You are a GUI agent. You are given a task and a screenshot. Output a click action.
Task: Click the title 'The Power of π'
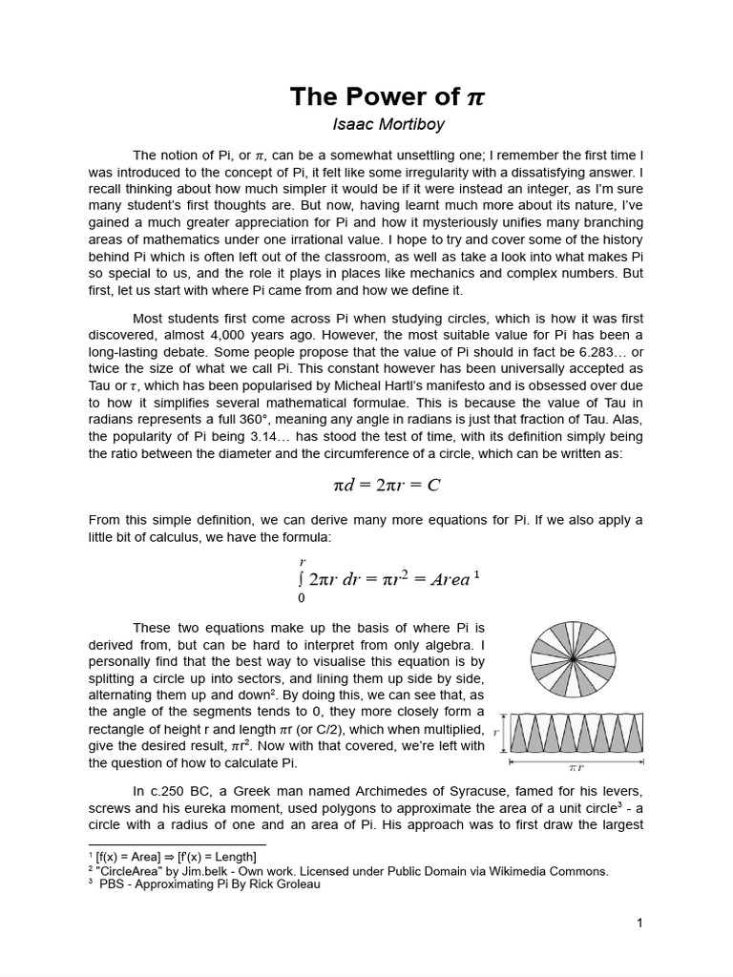click(387, 97)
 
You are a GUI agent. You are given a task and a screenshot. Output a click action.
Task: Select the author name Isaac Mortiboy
click(387, 124)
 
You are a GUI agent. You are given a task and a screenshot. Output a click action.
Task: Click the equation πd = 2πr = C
click(387, 485)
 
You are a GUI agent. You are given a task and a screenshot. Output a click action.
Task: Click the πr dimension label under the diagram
click(576, 767)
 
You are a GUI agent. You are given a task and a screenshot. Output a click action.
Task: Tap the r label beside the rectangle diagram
click(497, 733)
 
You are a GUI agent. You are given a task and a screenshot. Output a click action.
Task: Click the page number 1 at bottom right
click(640, 923)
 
